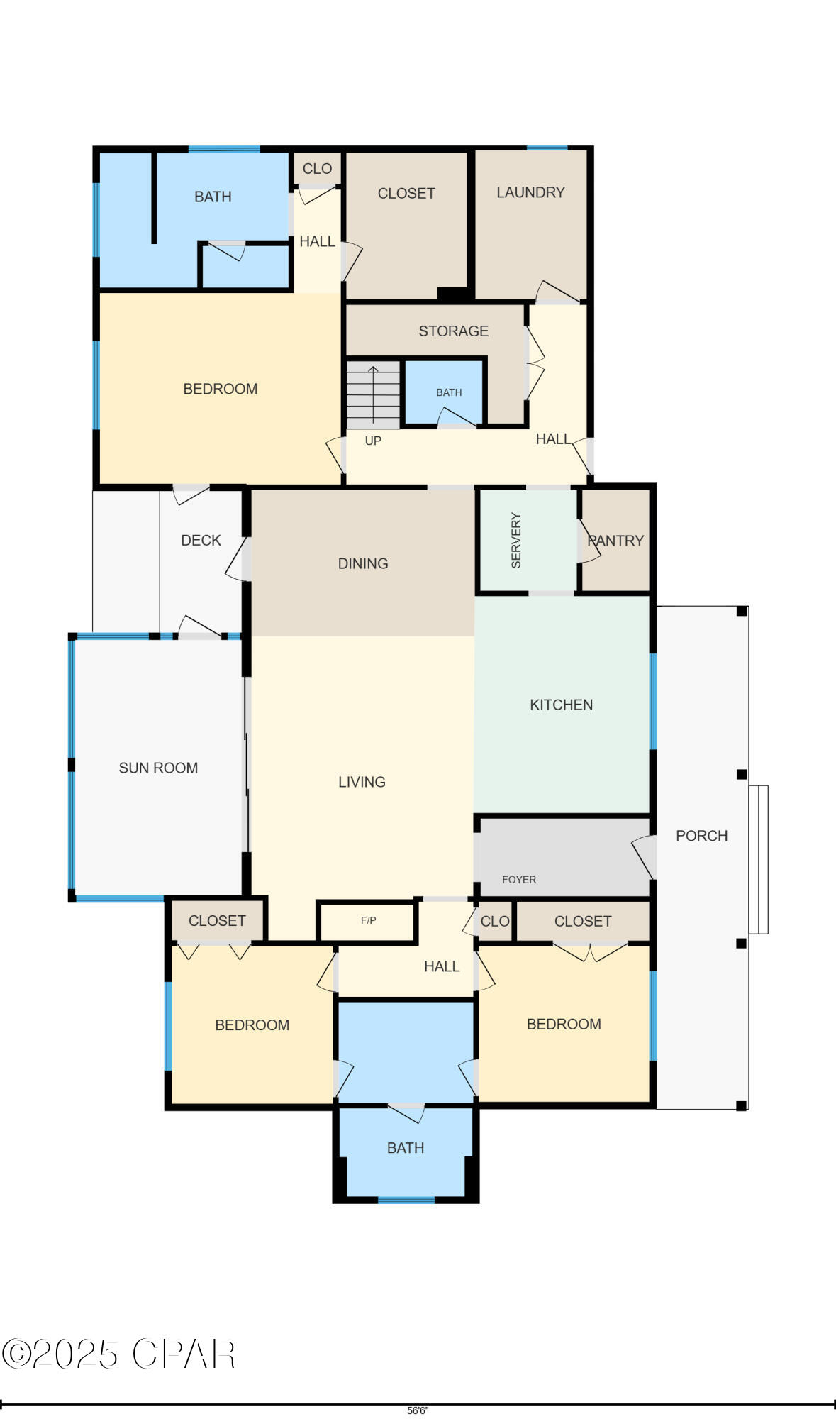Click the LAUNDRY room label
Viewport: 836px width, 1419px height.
coord(530,192)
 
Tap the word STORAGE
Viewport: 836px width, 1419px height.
coord(453,331)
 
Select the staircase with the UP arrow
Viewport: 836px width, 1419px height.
coord(373,395)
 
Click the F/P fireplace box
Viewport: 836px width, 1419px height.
coord(367,921)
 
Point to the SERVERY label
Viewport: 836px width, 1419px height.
coord(516,540)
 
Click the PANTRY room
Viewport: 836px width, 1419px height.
coord(615,541)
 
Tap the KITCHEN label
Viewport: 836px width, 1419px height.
coord(561,705)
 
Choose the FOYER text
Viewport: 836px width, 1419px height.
coord(518,879)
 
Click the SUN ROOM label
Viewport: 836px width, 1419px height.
coord(158,768)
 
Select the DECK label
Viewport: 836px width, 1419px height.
coord(201,540)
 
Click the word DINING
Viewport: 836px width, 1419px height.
coord(362,563)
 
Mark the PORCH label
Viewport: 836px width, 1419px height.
coord(701,836)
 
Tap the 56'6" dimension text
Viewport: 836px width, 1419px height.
coord(418,1411)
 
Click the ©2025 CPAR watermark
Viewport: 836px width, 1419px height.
coord(118,1354)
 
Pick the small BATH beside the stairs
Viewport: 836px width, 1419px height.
coord(448,392)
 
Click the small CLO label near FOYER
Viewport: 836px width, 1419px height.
coord(494,921)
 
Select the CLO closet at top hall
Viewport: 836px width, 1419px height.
coord(317,169)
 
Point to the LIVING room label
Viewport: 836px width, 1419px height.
coord(362,782)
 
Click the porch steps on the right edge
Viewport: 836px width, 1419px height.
coord(758,859)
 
